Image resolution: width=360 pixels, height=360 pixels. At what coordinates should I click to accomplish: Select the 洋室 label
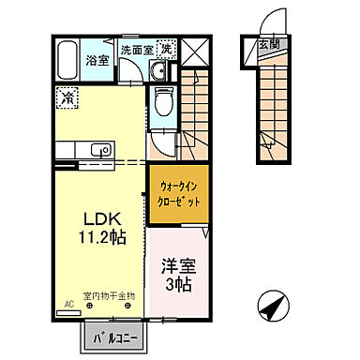pos(174,265)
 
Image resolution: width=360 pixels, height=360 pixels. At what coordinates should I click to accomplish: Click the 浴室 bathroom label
pos(97,60)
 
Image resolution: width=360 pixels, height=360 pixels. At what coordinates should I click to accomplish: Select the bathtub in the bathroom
pos(66,61)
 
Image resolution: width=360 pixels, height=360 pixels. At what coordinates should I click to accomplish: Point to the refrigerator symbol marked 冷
pos(67,96)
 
